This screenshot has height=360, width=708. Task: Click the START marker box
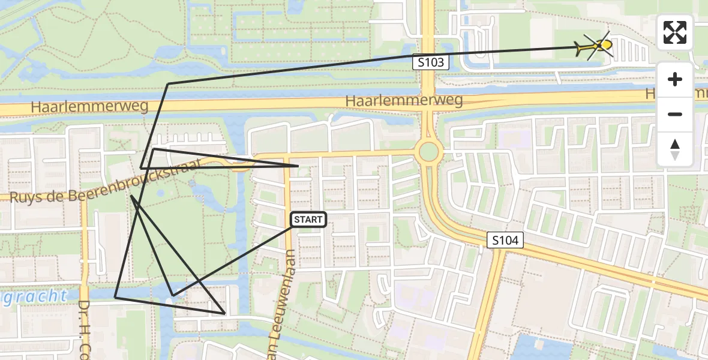pos(308,220)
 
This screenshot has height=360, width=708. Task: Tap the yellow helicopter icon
pos(593,46)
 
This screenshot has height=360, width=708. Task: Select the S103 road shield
pos(430,62)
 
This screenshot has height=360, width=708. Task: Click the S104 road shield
pos(505,241)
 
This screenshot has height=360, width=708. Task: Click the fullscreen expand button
pos(675,32)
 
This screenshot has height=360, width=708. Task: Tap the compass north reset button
pos(675,149)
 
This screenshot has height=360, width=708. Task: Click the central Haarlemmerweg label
pos(404,100)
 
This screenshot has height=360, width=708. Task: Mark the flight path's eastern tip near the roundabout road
pos(298,166)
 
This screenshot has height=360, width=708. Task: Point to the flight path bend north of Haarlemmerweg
pos(169,83)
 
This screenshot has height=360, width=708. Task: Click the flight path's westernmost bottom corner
pos(115,297)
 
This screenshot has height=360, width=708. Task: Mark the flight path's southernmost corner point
pos(224,313)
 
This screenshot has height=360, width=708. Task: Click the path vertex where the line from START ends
pos(173,295)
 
